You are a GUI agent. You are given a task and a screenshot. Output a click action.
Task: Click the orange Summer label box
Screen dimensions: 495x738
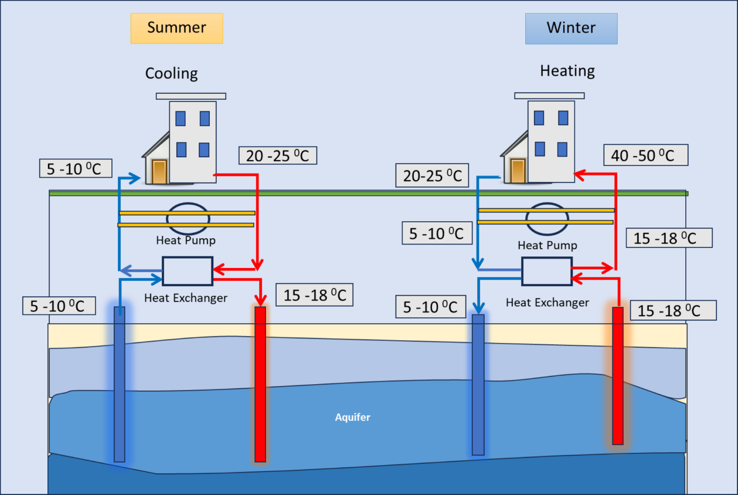[176, 28]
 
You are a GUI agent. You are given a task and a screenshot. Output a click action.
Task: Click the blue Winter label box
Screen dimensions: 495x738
[571, 28]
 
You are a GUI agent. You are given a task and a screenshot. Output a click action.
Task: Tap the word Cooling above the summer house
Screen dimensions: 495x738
[171, 73]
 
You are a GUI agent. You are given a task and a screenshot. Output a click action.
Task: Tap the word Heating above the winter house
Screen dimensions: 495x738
[567, 71]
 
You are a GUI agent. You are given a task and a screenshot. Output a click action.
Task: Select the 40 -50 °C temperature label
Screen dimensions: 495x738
[645, 155]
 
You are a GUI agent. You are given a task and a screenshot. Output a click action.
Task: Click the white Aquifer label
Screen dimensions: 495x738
[352, 418]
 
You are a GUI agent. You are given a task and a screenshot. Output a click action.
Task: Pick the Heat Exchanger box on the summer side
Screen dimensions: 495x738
[187, 271]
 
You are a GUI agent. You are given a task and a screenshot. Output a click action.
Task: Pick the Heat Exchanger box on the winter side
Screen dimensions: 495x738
[546, 272]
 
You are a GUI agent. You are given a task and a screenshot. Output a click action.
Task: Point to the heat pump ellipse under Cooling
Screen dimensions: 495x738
[188, 218]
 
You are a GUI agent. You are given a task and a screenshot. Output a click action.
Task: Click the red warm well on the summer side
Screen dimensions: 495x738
[260, 384]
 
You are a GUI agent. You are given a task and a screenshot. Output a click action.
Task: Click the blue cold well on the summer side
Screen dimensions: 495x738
[119, 384]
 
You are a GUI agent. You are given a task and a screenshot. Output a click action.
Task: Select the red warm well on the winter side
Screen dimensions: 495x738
[617, 375]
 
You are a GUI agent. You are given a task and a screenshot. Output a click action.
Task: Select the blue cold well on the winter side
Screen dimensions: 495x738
[478, 384]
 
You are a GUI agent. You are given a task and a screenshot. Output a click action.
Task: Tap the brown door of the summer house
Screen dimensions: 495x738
[159, 172]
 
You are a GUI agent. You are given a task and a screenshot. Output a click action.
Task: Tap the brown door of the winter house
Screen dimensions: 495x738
[518, 171]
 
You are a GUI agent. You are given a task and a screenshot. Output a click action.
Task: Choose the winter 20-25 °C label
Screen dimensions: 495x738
[432, 175]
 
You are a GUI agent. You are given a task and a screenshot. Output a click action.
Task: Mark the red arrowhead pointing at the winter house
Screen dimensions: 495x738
[577, 174]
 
